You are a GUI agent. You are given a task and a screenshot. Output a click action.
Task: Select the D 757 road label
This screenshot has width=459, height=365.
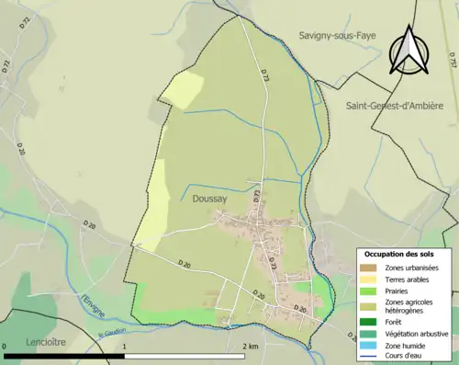tap(452, 61)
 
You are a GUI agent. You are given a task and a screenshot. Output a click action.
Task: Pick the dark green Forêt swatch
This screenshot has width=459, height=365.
tap(368, 323)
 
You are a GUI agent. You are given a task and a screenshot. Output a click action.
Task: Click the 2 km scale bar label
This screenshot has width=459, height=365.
tap(250, 346)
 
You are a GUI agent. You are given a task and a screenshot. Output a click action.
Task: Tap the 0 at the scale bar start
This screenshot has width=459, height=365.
tap(6, 346)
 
